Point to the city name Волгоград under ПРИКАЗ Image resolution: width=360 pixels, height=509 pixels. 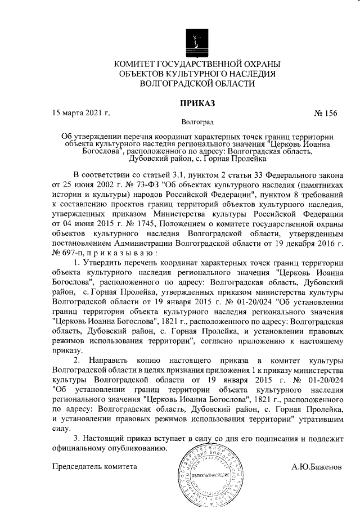point(197,121)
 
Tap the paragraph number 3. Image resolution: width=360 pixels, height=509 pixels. point(77,438)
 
